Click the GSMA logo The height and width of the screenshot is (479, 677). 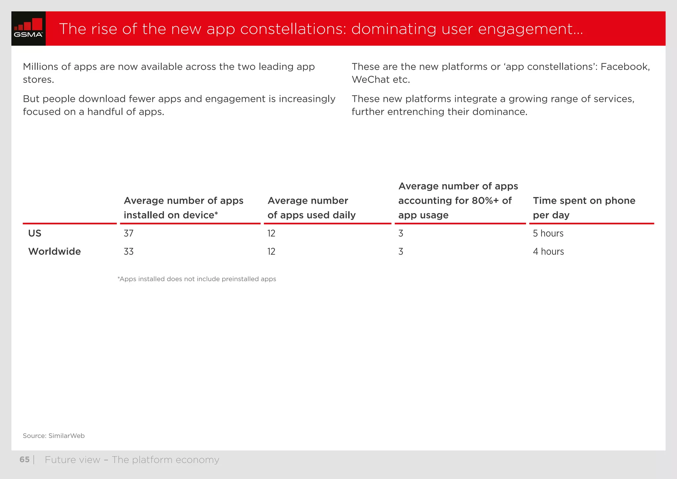point(28,28)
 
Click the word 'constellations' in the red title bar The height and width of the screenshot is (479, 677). point(293,29)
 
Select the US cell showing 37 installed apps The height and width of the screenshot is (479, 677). point(129,234)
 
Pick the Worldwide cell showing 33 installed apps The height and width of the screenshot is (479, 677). point(129,252)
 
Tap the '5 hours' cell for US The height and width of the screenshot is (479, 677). point(548,234)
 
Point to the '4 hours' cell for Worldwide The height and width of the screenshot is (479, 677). point(548,252)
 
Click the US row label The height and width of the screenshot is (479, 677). point(35,234)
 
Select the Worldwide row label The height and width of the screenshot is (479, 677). point(55,252)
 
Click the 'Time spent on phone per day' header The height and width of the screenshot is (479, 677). point(584,208)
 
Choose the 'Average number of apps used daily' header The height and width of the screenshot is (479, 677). point(311,208)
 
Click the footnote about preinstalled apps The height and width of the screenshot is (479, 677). point(197,279)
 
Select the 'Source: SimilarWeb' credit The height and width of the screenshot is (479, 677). point(54,436)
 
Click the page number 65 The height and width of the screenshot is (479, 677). point(24,460)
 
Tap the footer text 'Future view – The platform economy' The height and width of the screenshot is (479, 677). point(132,460)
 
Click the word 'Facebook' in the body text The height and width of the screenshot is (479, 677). point(625,67)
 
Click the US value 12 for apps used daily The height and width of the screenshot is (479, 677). point(271,234)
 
